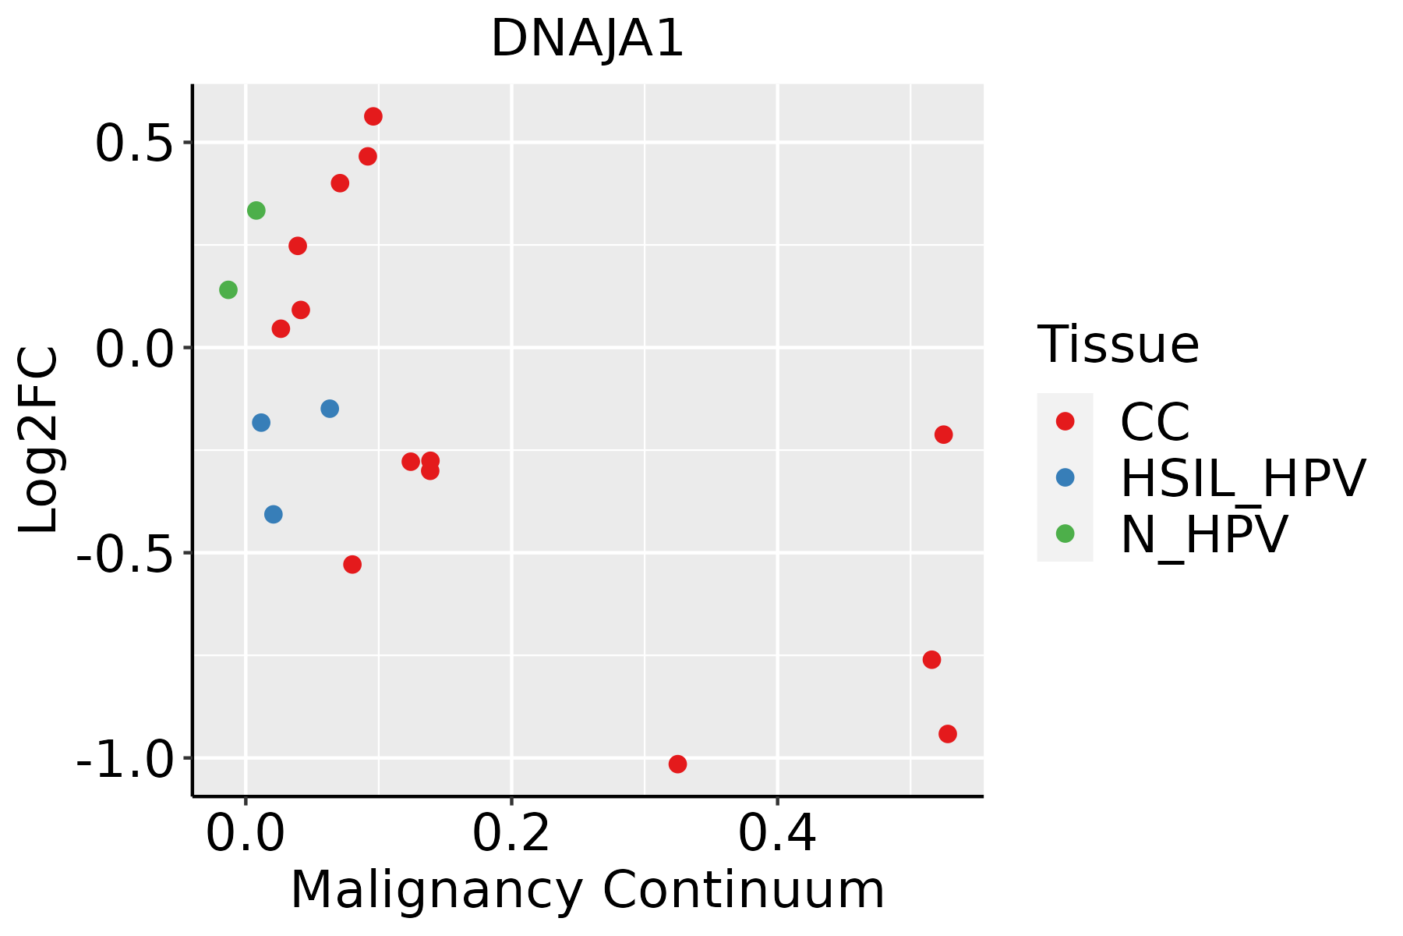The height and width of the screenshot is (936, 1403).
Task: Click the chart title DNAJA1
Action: click(587, 39)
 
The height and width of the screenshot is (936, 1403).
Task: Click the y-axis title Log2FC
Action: click(39, 440)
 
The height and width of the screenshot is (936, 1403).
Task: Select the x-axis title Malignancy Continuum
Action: click(587, 890)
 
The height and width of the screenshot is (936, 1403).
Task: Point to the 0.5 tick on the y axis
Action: click(133, 144)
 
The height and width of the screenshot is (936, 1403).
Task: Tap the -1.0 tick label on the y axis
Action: click(124, 759)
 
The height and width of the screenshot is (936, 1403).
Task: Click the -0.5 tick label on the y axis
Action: click(124, 554)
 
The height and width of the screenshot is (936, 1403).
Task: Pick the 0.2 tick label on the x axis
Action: click(511, 834)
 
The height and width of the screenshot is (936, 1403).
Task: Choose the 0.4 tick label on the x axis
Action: click(777, 834)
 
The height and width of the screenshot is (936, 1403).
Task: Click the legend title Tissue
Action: click(1118, 344)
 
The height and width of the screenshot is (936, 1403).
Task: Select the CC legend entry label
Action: click(1154, 422)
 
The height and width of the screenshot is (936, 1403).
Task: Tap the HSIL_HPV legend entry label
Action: click(1242, 478)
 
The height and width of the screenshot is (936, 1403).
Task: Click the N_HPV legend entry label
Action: click(1203, 534)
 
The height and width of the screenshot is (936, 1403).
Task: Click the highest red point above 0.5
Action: click(373, 116)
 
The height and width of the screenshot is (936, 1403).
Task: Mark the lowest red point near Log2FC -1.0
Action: click(677, 764)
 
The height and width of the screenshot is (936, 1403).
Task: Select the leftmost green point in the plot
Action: click(228, 290)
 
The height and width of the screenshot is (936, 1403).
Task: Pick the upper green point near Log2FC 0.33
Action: click(256, 211)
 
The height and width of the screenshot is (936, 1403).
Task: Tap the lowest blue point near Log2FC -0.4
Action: click(273, 514)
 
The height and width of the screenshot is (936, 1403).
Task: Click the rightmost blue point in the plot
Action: click(330, 409)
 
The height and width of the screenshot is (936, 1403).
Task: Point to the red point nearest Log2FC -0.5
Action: click(352, 564)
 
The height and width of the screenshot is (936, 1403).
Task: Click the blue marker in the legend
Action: click(1065, 477)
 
